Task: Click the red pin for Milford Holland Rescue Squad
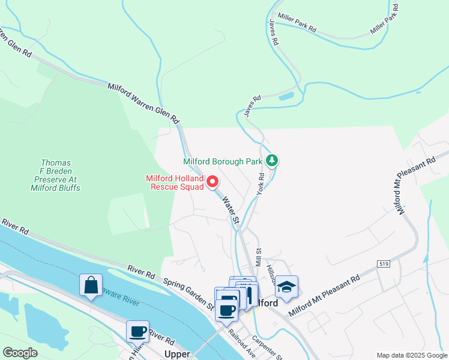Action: click(x=212, y=181)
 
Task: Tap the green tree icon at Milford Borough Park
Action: click(x=273, y=160)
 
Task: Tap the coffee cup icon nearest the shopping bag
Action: click(x=137, y=331)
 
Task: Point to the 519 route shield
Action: click(x=384, y=264)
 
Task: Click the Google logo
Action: click(x=20, y=353)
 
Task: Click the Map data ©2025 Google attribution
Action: click(x=411, y=355)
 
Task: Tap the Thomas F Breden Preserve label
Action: click(x=56, y=175)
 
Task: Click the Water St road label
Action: click(x=231, y=211)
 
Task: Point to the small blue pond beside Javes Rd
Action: click(x=286, y=96)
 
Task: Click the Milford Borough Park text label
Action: click(x=223, y=161)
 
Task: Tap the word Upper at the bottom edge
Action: click(x=177, y=355)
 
